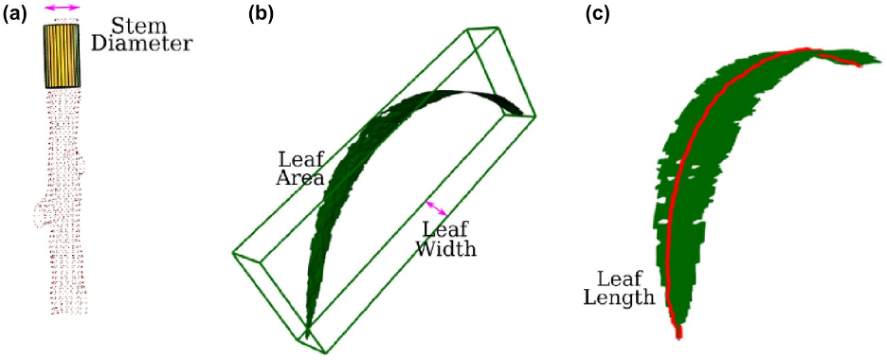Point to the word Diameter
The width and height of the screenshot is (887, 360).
141,45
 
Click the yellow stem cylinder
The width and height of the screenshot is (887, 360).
63,56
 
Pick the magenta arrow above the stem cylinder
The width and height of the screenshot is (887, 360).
63,8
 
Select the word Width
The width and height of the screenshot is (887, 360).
446,248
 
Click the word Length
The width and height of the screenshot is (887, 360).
619,297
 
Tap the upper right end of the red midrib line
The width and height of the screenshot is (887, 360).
860,65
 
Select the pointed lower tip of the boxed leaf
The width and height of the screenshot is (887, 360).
307,337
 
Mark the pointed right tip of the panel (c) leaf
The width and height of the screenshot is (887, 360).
880,59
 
